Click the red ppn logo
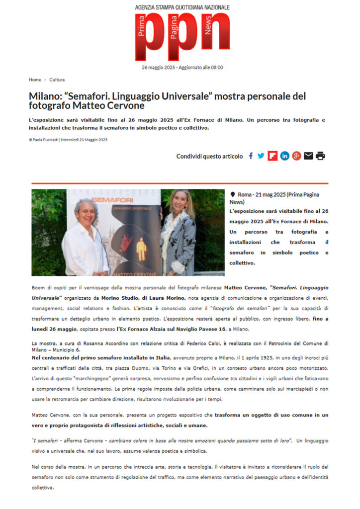point(182,37)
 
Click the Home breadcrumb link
point(35,80)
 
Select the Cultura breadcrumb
point(57,80)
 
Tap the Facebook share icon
point(251,156)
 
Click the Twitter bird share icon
point(261,156)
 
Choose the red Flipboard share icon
point(272,156)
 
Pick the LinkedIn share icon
point(284,156)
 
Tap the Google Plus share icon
point(296,156)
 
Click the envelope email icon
point(308,156)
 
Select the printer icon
point(320,156)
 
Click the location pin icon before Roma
point(233,195)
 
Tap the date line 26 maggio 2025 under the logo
point(182,67)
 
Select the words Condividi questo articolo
point(209,156)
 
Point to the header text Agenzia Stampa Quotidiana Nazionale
point(182,7)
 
